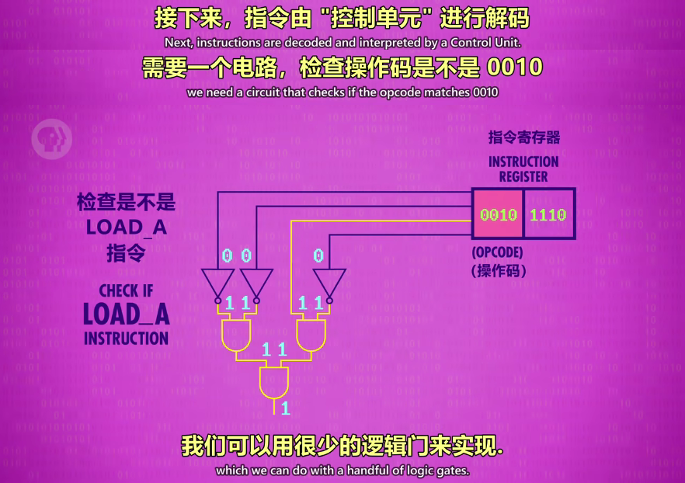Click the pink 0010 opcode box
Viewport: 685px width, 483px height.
(x=498, y=214)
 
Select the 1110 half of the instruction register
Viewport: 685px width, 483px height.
(x=548, y=214)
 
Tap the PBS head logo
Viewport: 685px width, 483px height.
(x=50, y=139)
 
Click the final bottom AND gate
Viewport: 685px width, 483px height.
(x=274, y=382)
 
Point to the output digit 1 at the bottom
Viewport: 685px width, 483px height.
(x=286, y=408)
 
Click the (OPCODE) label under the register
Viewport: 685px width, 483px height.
(x=497, y=253)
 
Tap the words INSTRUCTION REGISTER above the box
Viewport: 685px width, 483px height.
(x=523, y=169)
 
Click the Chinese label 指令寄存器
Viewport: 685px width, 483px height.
(x=523, y=137)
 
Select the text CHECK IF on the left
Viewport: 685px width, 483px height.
(x=126, y=291)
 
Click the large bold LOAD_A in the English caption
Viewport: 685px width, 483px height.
(x=126, y=314)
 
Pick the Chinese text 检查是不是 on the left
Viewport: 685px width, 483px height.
(x=126, y=203)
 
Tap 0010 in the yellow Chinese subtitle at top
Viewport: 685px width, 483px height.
(x=514, y=68)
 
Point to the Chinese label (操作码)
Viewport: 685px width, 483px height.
(x=499, y=271)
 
